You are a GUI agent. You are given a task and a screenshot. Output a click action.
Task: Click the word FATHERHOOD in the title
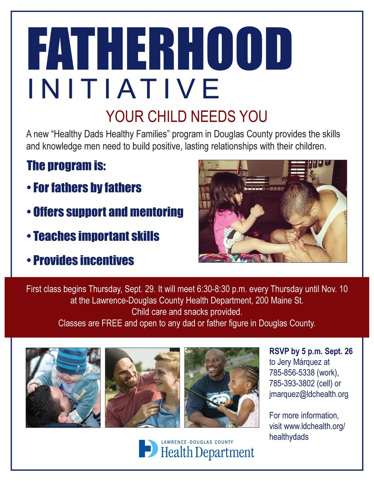click(x=159, y=49)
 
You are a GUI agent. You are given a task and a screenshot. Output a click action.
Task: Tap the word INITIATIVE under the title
click(x=123, y=89)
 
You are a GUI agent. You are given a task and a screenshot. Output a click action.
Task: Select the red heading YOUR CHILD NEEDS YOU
click(x=186, y=117)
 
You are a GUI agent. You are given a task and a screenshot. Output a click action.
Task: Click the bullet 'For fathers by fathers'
click(x=84, y=188)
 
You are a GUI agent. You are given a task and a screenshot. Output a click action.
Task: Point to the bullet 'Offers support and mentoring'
click(x=105, y=212)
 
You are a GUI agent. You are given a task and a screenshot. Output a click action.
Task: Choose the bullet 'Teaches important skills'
click(x=93, y=236)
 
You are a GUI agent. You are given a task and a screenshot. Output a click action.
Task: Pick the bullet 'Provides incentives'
click(x=80, y=261)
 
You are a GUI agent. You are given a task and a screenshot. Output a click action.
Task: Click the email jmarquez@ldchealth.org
click(x=309, y=394)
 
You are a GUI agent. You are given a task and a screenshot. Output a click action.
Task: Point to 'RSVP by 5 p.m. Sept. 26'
click(x=311, y=352)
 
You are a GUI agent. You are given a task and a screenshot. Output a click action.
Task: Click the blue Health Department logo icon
click(x=148, y=449)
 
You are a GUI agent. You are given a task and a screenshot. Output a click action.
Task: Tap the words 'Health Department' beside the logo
click(x=208, y=453)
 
